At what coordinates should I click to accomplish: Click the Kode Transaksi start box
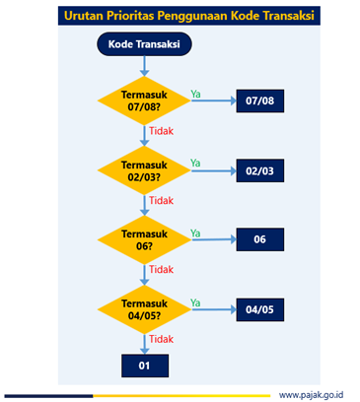coord(144,44)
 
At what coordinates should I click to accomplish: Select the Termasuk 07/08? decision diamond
coord(144,100)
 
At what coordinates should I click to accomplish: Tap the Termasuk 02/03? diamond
coord(144,170)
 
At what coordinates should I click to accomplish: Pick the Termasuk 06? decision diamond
coord(144,239)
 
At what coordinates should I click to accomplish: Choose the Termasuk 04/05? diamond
coord(144,309)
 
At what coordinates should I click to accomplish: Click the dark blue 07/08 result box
coord(260,100)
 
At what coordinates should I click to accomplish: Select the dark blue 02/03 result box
coord(260,170)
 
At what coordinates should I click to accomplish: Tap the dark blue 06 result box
coord(260,239)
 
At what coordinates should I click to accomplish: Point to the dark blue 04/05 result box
coord(260,309)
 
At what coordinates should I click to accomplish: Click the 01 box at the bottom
coord(145,366)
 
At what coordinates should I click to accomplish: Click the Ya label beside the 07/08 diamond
coord(195,95)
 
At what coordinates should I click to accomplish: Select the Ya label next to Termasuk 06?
coord(195,234)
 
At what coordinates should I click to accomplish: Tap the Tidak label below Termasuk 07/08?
coord(161,131)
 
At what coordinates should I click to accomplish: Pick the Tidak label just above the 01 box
coord(161,339)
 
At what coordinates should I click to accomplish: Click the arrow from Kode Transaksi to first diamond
coord(144,66)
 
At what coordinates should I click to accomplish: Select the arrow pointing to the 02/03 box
coord(214,170)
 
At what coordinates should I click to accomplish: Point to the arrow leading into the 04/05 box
coord(214,309)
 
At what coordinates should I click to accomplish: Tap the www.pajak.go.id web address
coord(311,395)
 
